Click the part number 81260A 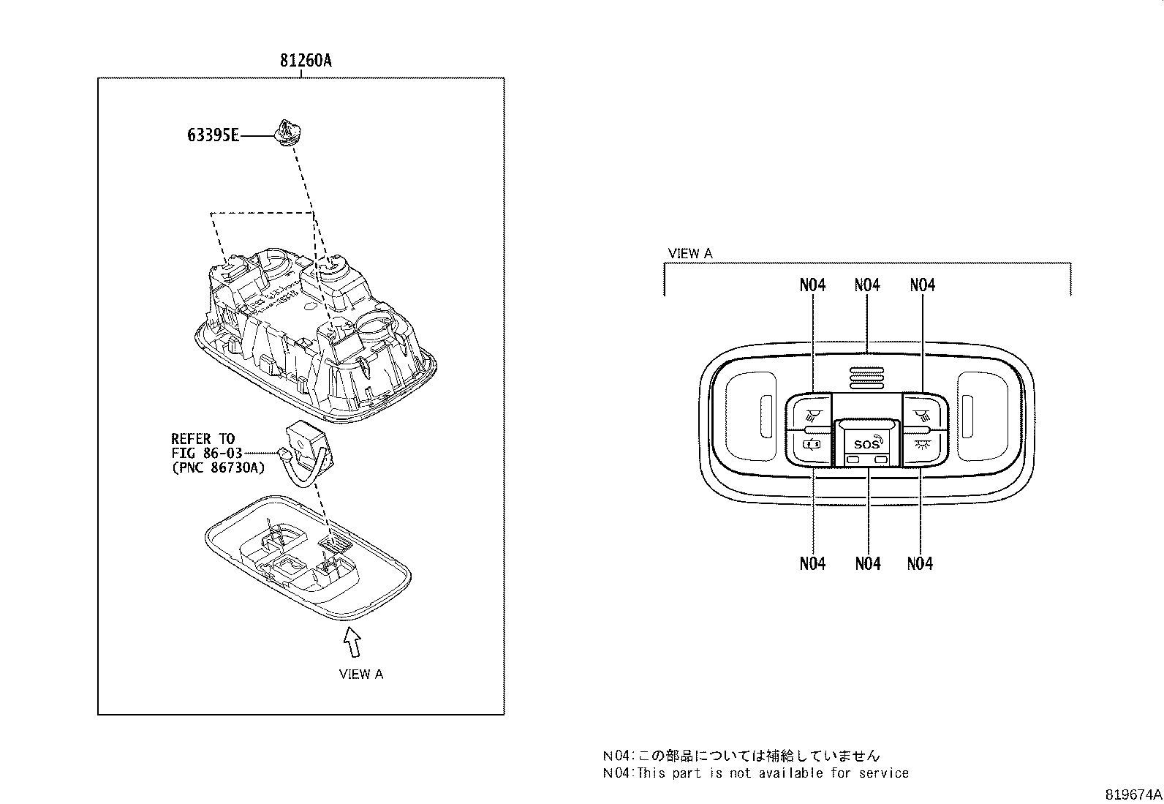[305, 61]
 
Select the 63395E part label [212, 135]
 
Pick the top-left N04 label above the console [812, 285]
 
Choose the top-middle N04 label [867, 285]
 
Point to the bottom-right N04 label [920, 563]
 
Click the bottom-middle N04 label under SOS [867, 563]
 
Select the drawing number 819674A [1133, 794]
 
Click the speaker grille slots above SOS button [867, 377]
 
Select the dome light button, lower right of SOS [923, 444]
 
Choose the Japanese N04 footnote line [741, 756]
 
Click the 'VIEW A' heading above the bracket [689, 254]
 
